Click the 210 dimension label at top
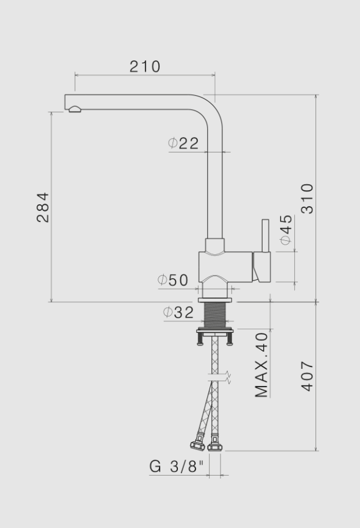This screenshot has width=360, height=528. click(x=144, y=66)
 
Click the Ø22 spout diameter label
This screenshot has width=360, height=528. click(x=183, y=143)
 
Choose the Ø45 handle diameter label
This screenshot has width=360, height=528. click(x=285, y=230)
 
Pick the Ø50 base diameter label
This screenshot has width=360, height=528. click(x=173, y=280)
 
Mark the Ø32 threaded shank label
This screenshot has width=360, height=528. click(x=178, y=313)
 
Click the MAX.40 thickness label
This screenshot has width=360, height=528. click(x=262, y=365)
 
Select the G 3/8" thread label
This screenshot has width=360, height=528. click(x=177, y=466)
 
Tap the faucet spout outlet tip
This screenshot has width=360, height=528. click(x=74, y=109)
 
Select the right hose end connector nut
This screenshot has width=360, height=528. click(x=214, y=447)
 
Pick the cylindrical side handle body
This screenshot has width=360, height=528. click(x=262, y=266)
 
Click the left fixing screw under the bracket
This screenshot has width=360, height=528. click(x=200, y=340)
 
